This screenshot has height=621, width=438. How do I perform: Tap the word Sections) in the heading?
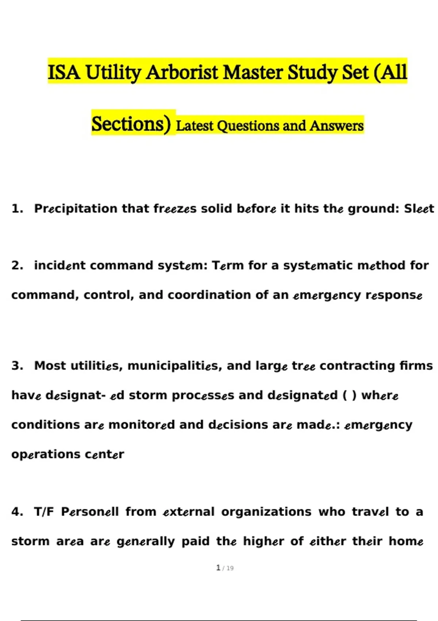point(131,124)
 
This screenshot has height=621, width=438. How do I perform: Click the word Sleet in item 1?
point(419,209)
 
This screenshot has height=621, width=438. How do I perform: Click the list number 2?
point(17,265)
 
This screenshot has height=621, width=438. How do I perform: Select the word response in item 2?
point(394,295)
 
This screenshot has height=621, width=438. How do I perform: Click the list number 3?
point(17,366)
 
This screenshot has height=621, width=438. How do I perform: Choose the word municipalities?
point(174,366)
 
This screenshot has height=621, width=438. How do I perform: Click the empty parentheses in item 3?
point(349,395)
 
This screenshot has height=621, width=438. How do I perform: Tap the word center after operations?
point(104,454)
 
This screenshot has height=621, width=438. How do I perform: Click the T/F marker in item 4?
point(44,512)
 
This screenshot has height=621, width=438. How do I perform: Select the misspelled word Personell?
point(90,512)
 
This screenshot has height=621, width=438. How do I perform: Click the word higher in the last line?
point(263,541)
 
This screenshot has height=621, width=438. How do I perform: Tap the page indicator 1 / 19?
point(225,568)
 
